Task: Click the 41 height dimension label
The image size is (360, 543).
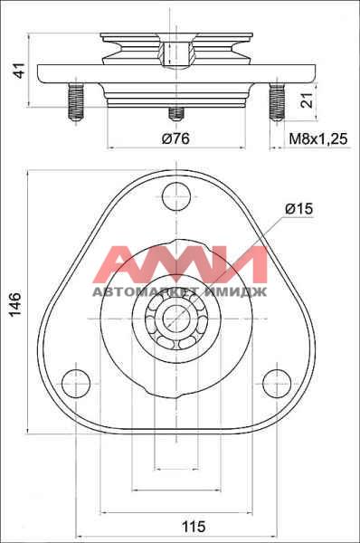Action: [x=20, y=71]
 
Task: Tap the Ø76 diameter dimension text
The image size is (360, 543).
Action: [x=175, y=138]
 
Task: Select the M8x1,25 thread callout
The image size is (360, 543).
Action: [x=317, y=138]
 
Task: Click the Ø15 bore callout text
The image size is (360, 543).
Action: [x=299, y=208]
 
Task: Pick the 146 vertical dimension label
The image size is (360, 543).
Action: [x=15, y=304]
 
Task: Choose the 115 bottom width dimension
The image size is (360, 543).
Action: [x=194, y=527]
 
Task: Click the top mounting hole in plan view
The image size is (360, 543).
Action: [x=176, y=196]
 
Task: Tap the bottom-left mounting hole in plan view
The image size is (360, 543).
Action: [x=76, y=384]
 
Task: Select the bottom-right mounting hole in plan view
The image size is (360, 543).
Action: [x=277, y=384]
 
